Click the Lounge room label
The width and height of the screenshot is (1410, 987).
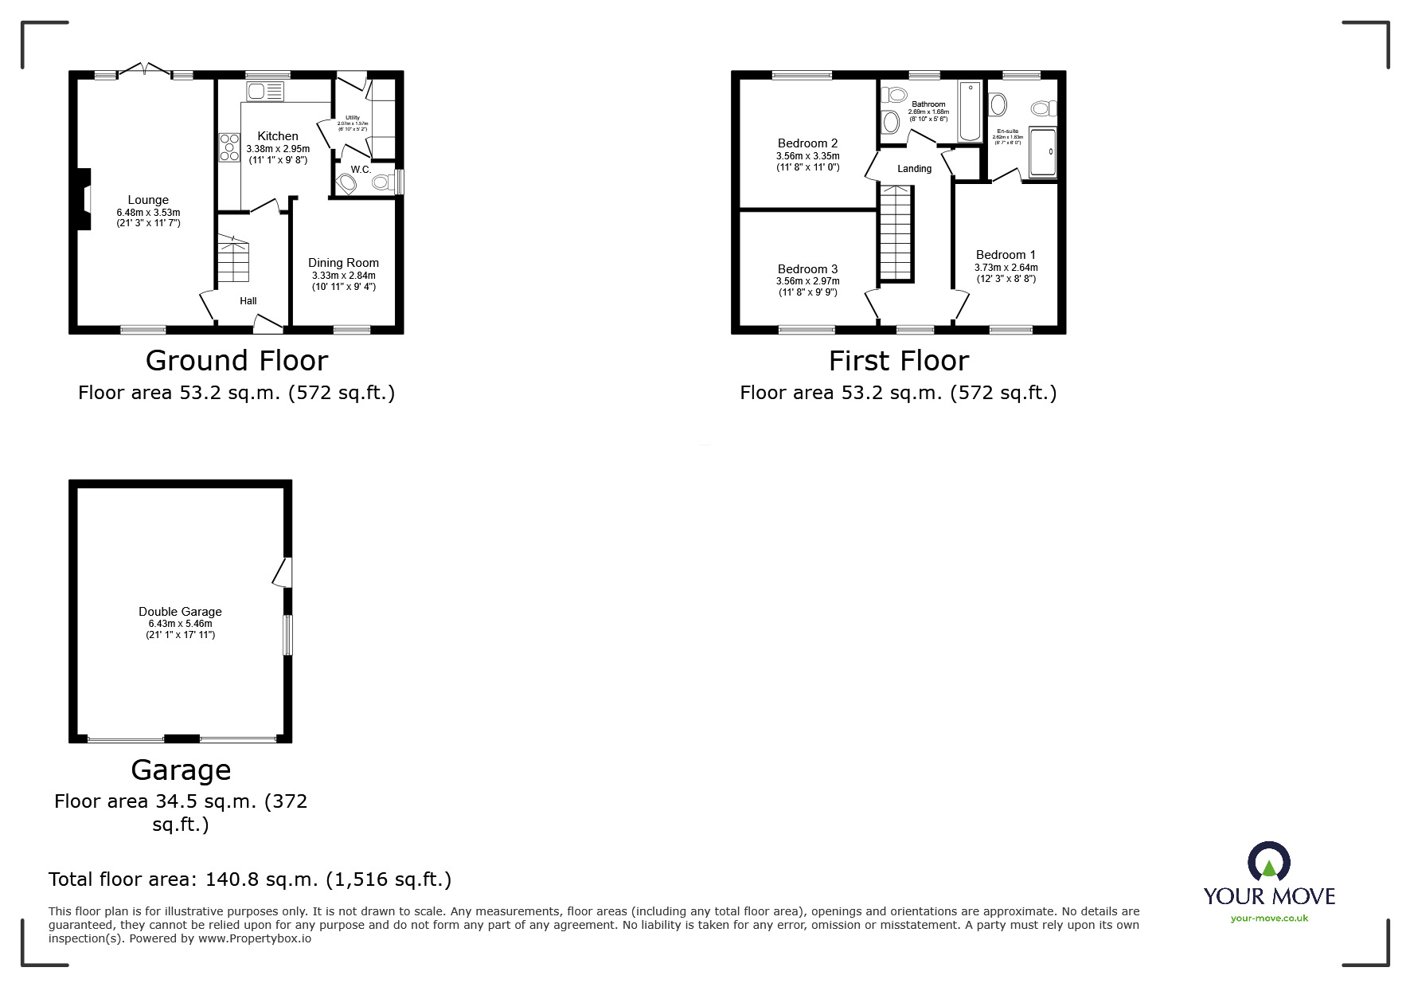click(x=148, y=200)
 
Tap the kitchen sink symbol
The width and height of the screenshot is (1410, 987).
click(x=265, y=92)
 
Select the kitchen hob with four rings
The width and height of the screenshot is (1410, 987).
click(x=229, y=147)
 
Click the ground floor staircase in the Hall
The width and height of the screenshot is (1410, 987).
click(x=233, y=258)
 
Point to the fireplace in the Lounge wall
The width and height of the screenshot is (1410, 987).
click(x=84, y=199)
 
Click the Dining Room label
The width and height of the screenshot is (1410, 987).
click(x=343, y=262)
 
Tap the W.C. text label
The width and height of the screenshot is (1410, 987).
click(x=361, y=170)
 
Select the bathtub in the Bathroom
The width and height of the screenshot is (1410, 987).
click(x=970, y=112)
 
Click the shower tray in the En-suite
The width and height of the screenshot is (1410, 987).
click(x=1043, y=151)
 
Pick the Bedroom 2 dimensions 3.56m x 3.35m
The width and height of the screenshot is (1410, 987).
click(x=807, y=156)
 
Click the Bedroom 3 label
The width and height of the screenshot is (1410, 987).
click(x=807, y=269)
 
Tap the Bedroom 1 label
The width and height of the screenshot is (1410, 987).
click(x=1006, y=255)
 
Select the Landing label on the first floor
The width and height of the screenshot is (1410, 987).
click(x=914, y=169)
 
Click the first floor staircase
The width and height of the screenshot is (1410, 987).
click(x=896, y=233)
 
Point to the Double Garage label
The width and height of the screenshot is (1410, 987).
click(x=180, y=612)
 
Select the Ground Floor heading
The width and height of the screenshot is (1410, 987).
click(x=236, y=361)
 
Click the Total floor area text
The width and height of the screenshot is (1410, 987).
click(x=250, y=879)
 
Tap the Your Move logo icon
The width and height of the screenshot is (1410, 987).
click(x=1268, y=862)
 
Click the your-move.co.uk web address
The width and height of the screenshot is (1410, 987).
click(x=1269, y=918)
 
